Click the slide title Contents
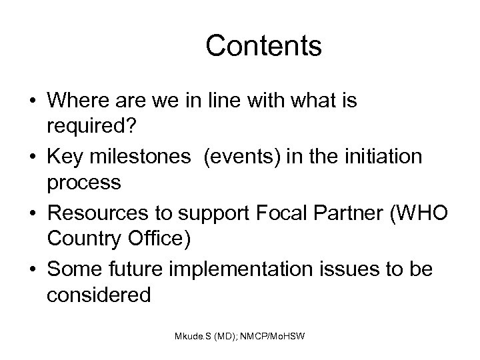click(x=263, y=46)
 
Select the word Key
click(x=66, y=156)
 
